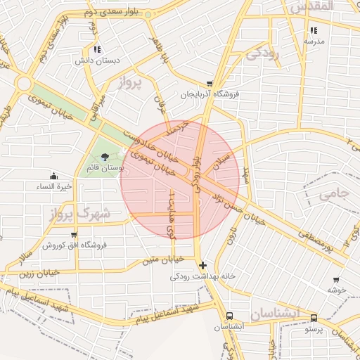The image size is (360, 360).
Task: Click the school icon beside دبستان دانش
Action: coord(96,49)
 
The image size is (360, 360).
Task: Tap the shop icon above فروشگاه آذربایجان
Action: coord(209,83)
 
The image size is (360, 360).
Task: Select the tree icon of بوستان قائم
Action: coord(105,157)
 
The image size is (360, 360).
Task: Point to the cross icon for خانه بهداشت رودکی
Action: coord(203,265)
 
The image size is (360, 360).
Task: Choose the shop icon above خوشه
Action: coord(335,279)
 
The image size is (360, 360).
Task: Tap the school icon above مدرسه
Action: coord(313,30)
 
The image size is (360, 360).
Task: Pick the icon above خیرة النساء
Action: coord(54,176)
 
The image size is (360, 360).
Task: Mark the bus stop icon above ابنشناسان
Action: coord(229,316)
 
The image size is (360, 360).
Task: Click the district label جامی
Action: coord(334,194)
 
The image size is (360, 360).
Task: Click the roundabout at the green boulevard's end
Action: coord(24,84)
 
